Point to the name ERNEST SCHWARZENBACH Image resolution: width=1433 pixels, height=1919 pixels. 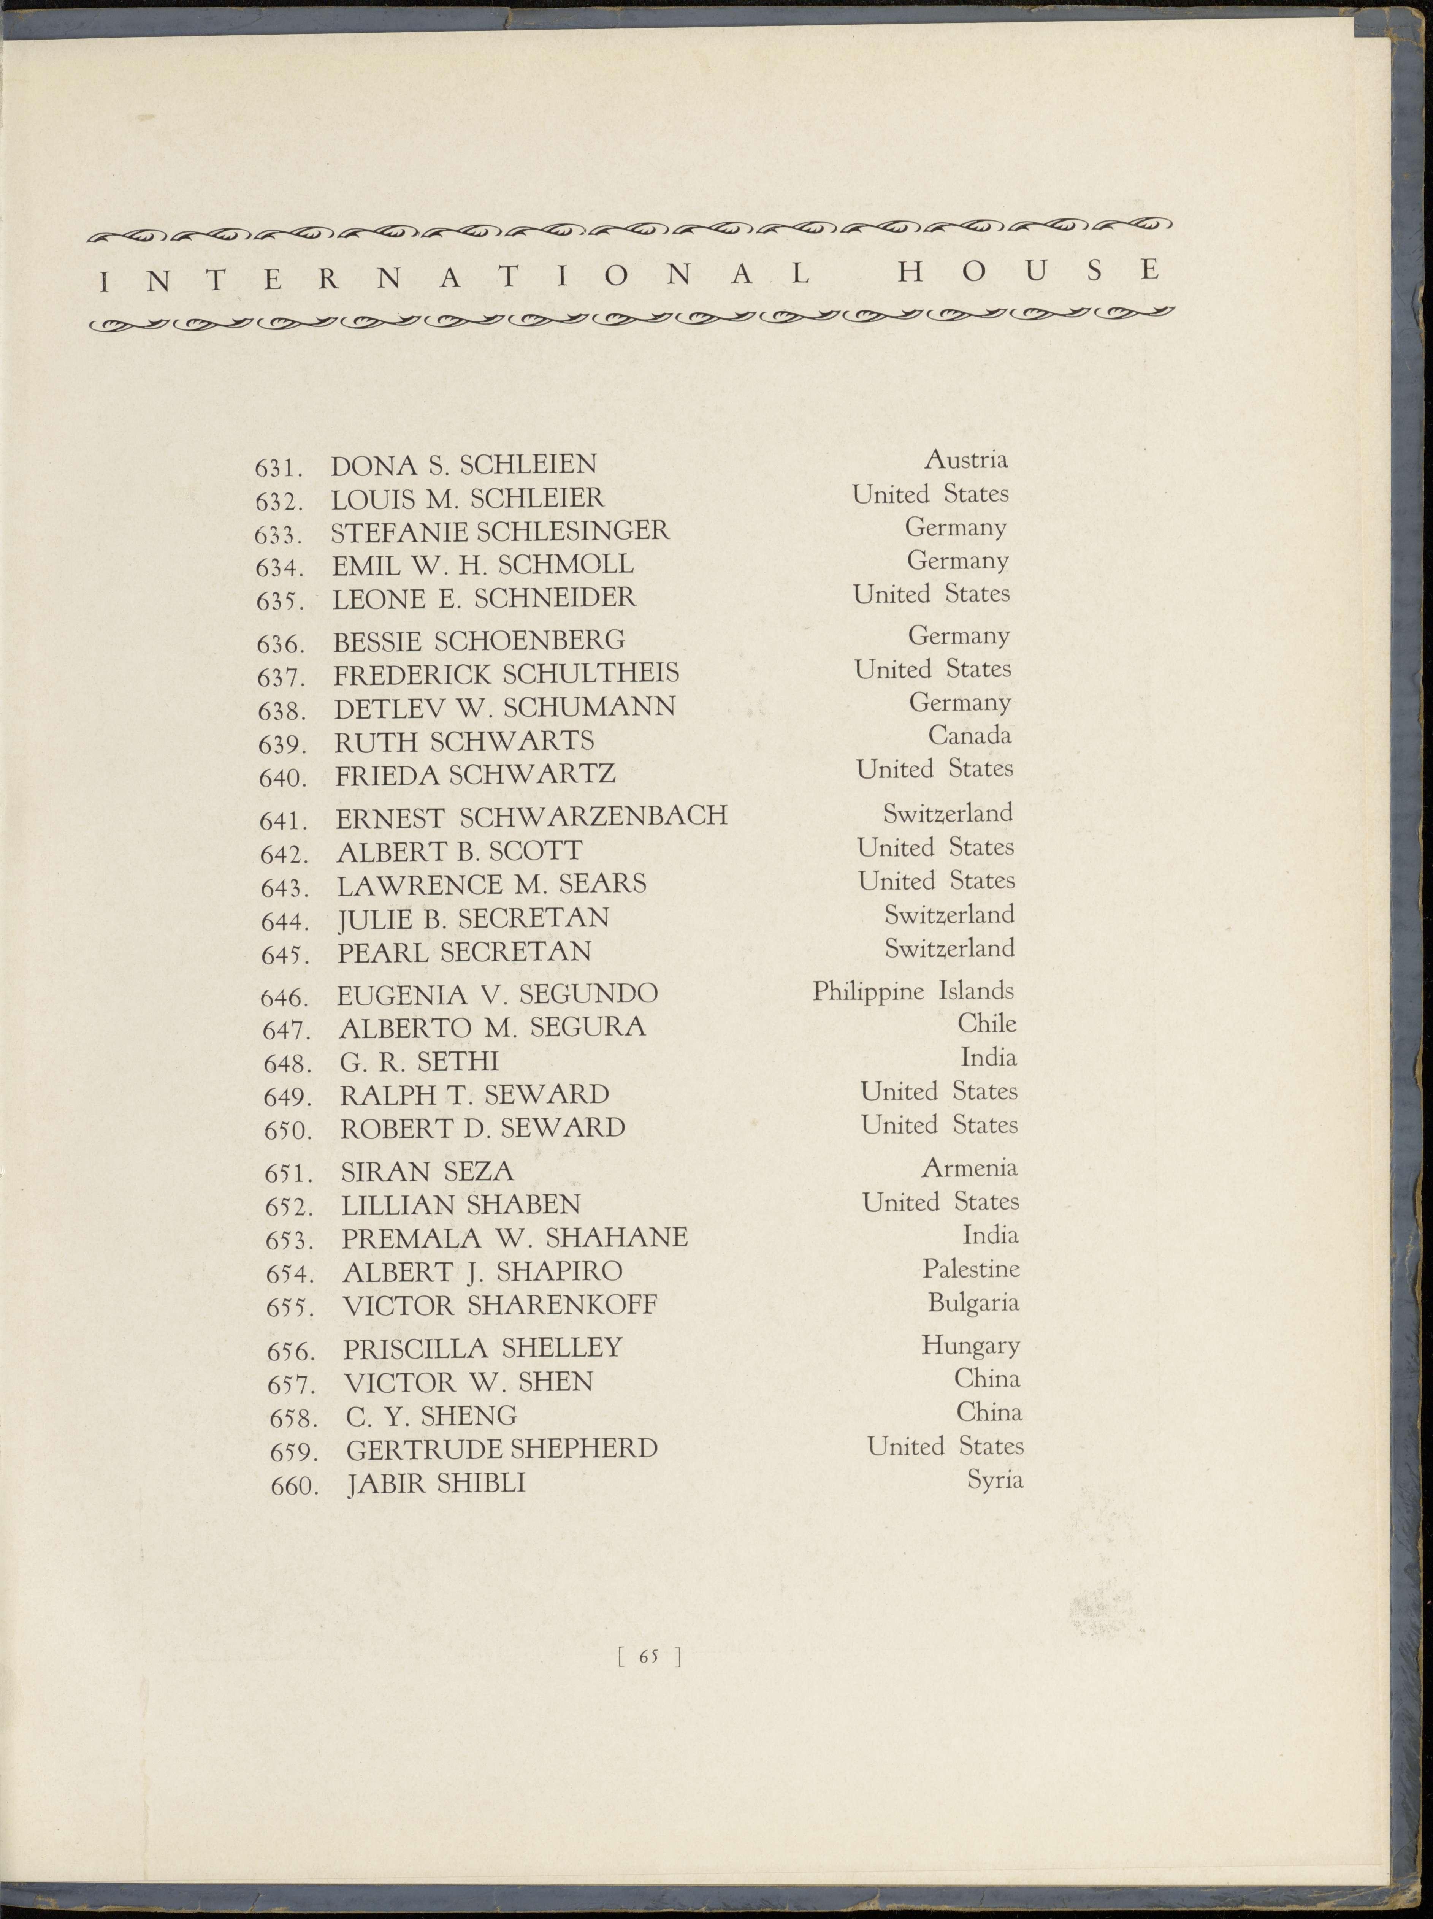coord(531,816)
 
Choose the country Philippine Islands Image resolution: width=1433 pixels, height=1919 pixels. coord(913,990)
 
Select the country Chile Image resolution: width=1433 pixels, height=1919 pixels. coord(986,1023)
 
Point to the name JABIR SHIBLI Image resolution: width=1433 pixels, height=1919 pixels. coord(436,1483)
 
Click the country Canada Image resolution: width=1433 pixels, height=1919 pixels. coord(969,735)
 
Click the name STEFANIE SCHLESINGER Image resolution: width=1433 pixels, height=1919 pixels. coord(501,531)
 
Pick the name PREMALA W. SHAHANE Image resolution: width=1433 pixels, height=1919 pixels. coord(514,1237)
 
